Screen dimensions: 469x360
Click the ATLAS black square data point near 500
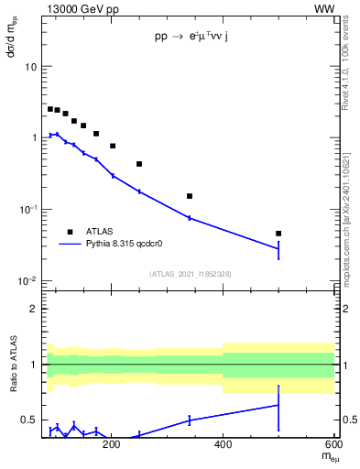(278, 234)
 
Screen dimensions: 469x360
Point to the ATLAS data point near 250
(139, 164)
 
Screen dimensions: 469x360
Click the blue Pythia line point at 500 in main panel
(278, 248)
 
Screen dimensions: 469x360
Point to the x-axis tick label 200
(112, 445)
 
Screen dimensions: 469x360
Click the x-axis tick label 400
(223, 445)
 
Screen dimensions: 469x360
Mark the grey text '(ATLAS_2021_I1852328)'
(191, 273)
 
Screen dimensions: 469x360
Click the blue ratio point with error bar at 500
(278, 405)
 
